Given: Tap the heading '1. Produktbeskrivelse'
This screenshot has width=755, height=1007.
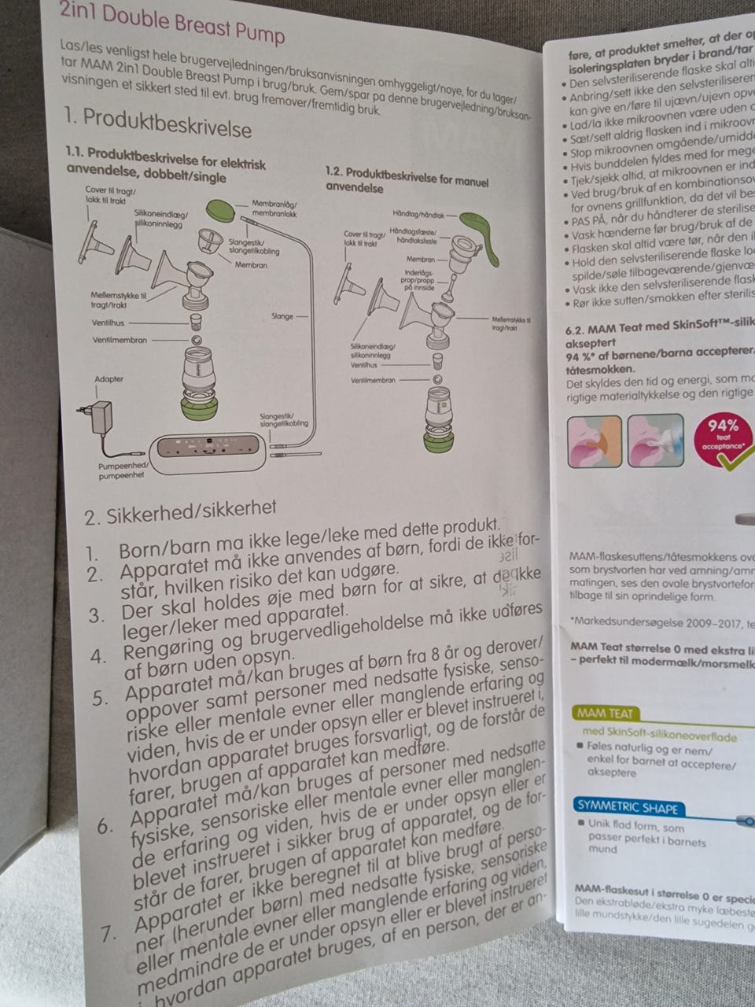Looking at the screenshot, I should (157, 122).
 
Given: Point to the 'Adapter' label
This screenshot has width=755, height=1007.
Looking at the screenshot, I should (109, 378).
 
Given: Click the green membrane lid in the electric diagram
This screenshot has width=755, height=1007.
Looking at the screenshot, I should (223, 210).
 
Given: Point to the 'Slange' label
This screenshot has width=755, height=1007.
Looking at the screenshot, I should (282, 316).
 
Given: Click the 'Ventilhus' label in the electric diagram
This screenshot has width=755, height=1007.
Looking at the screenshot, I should (106, 323).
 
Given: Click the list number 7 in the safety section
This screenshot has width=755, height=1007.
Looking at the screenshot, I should (109, 935).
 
